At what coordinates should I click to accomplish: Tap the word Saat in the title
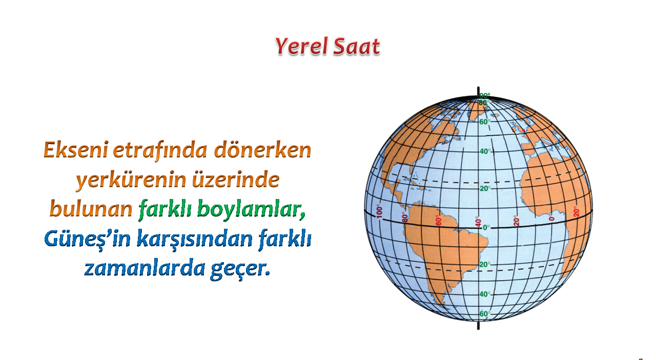tap(356, 46)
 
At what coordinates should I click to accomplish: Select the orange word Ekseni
tap(76, 150)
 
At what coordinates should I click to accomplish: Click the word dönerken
tap(262, 150)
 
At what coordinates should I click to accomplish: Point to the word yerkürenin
tap(131, 179)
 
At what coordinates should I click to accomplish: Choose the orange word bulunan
tap(91, 209)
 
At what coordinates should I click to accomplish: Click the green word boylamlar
tap(251, 209)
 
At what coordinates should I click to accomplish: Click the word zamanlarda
tap(145, 268)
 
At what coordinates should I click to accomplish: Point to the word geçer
tap(240, 269)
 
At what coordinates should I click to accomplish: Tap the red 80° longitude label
tap(405, 217)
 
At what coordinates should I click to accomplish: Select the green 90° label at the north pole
tap(485, 95)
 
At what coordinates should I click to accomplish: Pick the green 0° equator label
tap(486, 228)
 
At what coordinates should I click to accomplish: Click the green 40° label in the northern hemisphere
tap(485, 152)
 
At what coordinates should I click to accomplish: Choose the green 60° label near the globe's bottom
tap(485, 314)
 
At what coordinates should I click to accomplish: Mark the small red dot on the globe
tap(524, 130)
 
